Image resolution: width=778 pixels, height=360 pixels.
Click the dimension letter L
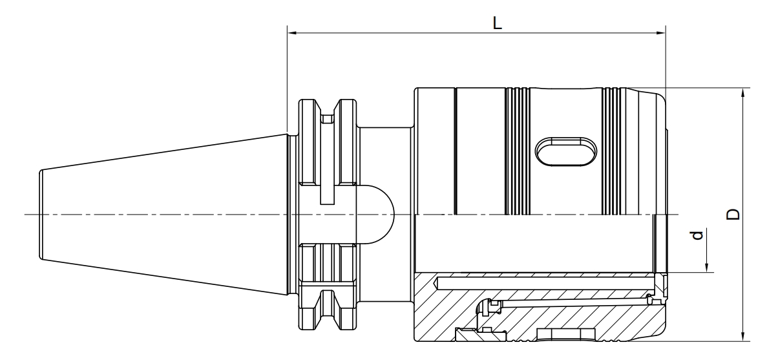[498, 23]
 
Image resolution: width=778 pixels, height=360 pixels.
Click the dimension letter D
[733, 214]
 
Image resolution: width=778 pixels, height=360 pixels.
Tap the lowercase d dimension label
[697, 235]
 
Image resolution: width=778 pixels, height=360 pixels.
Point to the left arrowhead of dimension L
[292, 33]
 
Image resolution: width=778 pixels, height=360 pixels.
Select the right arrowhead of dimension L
[661, 33]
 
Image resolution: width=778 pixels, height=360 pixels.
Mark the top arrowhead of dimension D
[743, 92]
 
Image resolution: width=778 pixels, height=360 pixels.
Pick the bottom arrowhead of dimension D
[743, 336]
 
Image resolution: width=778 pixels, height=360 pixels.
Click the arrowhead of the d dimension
[706, 268]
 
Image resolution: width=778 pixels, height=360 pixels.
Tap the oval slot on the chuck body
[565, 151]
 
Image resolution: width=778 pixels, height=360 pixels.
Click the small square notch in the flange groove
[327, 119]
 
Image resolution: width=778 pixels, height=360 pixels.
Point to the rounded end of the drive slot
[382, 214]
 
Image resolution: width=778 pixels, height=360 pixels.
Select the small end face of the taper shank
[41, 214]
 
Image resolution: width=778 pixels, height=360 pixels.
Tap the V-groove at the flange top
[327, 107]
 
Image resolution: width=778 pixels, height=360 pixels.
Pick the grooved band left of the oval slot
[518, 151]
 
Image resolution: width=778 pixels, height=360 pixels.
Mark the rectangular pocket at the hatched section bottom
[566, 335]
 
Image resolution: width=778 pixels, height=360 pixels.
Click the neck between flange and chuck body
[385, 214]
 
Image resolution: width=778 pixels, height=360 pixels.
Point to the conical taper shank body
[163, 214]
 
